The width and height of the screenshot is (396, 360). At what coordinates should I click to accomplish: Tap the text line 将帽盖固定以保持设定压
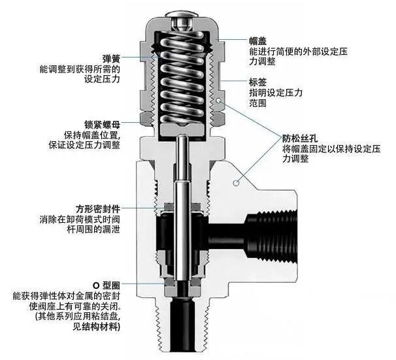pos(333,149)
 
